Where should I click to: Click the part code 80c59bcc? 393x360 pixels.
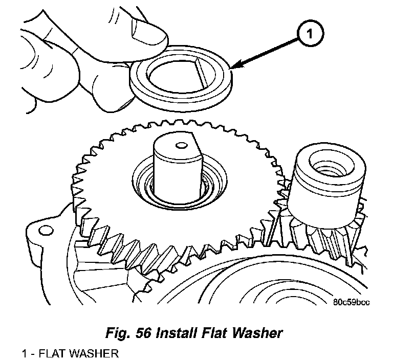coord(352,302)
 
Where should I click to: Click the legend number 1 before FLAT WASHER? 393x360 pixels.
coord(24,353)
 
